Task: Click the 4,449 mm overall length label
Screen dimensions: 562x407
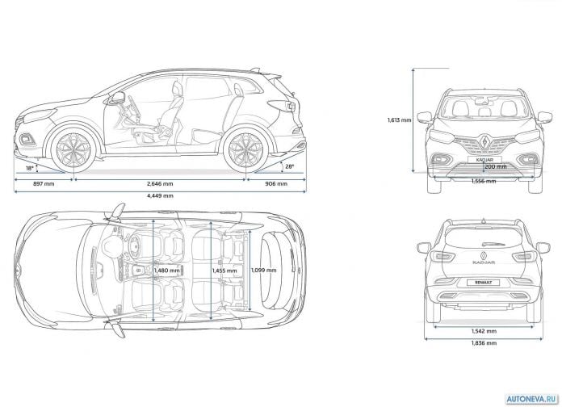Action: pos(160,195)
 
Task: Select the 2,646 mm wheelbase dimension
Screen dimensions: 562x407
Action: pos(160,184)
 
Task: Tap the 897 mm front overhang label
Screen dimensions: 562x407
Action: pos(44,184)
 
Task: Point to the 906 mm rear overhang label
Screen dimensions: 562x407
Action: pos(276,184)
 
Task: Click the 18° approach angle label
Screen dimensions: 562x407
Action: pos(29,168)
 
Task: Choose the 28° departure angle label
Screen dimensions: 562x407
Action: pos(290,166)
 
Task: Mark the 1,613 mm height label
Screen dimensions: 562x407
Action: pos(399,120)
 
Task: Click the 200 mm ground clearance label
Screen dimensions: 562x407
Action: pos(495,166)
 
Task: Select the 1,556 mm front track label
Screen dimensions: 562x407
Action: pos(484,182)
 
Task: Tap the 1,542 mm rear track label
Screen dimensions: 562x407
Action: pos(484,331)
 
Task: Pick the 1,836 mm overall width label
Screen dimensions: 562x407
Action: pos(484,343)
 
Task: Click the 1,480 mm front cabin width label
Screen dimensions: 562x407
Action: pos(166,271)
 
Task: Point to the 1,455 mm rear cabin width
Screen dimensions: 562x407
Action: pos(224,271)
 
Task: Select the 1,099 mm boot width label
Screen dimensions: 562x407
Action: pos(263,270)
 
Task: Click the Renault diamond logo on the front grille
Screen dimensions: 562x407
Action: pos(484,141)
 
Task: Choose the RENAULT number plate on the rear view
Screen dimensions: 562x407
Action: pos(484,283)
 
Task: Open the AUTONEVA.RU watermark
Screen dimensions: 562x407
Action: pos(532,399)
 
